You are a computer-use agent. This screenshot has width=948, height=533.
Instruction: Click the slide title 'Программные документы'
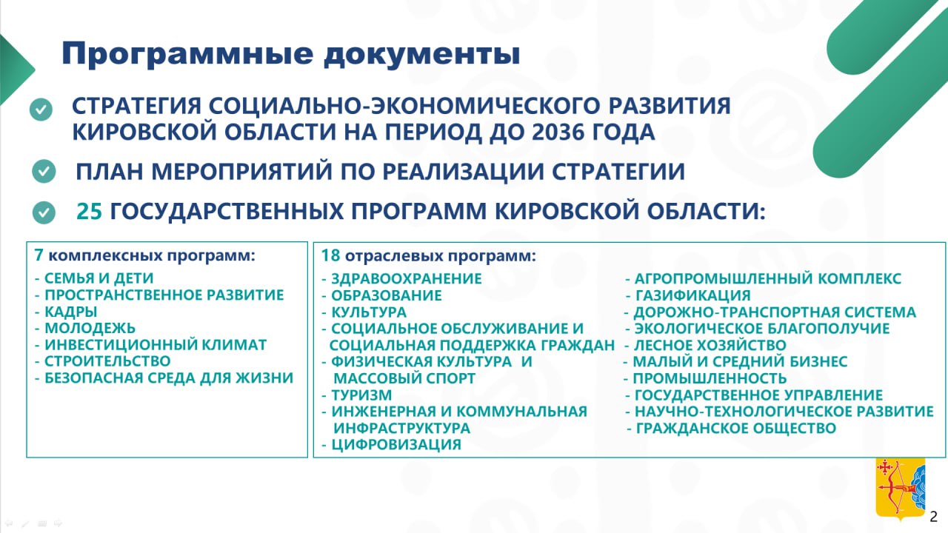[290, 54]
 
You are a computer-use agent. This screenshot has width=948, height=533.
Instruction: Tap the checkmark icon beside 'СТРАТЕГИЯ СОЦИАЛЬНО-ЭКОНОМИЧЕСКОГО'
[41, 110]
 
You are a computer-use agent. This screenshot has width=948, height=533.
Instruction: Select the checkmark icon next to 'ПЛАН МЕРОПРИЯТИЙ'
[44, 172]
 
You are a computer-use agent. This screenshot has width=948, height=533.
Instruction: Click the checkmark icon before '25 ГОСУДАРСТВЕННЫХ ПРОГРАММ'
[44, 213]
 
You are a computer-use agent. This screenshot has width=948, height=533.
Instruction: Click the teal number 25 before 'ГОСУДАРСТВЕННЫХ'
[90, 212]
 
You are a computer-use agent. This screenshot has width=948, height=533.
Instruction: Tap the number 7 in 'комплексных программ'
[39, 255]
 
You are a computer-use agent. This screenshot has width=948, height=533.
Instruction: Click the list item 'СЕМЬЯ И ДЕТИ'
[98, 278]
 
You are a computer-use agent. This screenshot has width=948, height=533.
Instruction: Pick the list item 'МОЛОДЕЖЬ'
[90, 328]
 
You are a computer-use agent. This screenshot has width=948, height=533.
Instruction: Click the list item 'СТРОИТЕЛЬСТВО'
[107, 361]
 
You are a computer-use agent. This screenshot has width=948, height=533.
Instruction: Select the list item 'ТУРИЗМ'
[361, 395]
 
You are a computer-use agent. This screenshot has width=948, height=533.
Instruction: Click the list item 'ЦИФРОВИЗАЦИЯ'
[395, 445]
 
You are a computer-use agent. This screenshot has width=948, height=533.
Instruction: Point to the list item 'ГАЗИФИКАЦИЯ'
[692, 295]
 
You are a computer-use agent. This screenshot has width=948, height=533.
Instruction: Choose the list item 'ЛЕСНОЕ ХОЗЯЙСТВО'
[709, 345]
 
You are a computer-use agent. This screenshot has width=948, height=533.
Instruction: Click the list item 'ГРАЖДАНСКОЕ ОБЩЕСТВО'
[735, 429]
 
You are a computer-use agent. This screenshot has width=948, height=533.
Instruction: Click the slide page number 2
[933, 516]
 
